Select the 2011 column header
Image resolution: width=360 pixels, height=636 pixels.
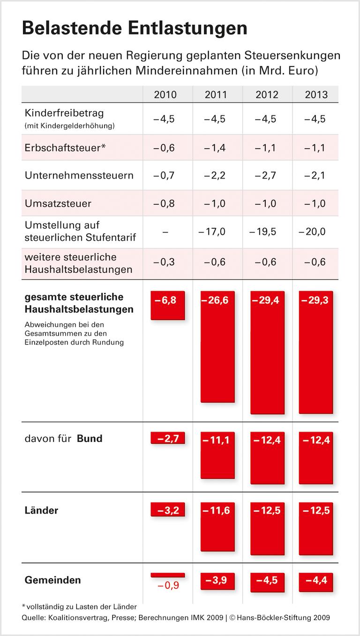point(216,95)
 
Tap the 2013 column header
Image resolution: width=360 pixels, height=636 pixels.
point(316,95)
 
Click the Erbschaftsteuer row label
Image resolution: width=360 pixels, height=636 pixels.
point(65,147)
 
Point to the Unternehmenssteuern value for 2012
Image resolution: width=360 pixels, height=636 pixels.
point(266,176)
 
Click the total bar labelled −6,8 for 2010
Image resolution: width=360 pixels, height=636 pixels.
point(167,305)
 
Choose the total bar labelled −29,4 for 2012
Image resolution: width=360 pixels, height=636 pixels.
point(267,352)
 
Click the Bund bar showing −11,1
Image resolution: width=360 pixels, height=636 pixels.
point(217,455)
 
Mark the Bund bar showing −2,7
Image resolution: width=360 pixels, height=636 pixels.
point(167,438)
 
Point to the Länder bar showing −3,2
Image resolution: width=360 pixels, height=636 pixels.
point(167,509)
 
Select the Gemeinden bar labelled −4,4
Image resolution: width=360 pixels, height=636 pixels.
point(316,580)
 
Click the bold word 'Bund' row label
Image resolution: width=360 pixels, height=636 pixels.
point(90,439)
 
